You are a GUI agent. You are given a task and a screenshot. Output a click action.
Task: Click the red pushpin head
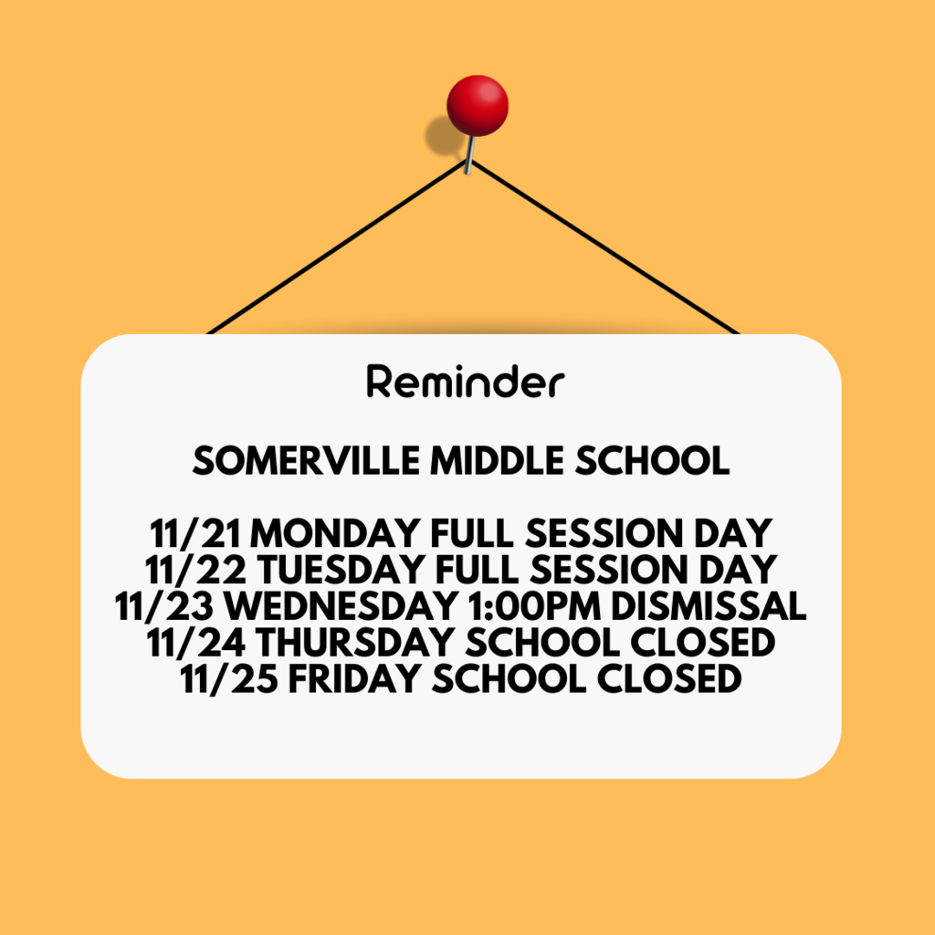tap(477, 106)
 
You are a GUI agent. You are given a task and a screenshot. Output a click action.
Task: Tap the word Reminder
tap(466, 381)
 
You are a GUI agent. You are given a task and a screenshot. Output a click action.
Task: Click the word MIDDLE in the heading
tap(497, 461)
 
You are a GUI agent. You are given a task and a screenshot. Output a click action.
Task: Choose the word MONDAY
tap(335, 533)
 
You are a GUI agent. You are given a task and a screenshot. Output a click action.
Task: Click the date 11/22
tap(195, 570)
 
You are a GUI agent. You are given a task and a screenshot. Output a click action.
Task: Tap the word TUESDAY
tap(341, 570)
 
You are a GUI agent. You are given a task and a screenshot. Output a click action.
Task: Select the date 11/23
tap(164, 606)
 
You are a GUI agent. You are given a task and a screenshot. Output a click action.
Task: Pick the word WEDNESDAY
tap(341, 606)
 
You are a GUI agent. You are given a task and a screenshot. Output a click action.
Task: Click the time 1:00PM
tap(535, 606)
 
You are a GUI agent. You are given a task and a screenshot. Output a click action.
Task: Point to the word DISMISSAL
tap(709, 606)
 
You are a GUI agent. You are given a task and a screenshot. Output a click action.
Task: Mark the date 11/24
tap(195, 642)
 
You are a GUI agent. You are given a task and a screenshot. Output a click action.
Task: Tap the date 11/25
tap(229, 679)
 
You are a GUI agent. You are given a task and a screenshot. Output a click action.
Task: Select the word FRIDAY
tap(355, 679)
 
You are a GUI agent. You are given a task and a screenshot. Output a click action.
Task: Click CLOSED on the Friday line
tap(669, 679)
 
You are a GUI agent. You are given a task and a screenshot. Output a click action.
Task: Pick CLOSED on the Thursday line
tap(702, 642)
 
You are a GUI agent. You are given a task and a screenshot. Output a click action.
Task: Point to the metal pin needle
tap(470, 155)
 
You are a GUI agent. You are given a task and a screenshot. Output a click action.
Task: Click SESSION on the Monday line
tap(604, 533)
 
